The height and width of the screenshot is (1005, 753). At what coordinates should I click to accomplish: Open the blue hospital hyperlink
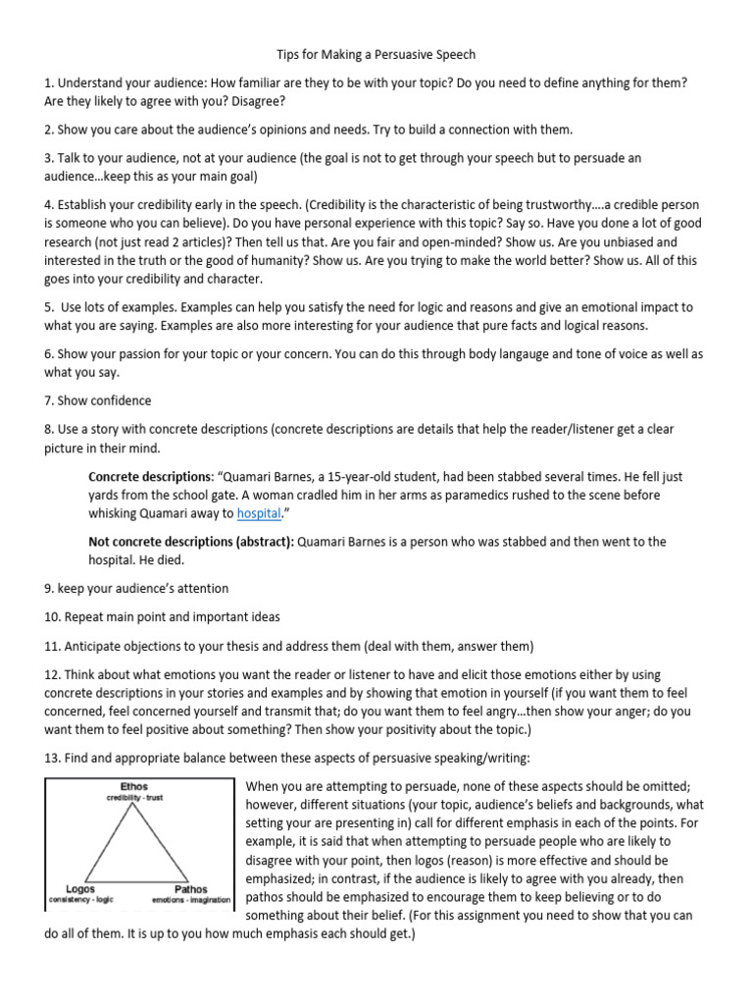pos(259,512)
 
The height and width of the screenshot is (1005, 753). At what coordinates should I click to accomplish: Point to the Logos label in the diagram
pos(81,888)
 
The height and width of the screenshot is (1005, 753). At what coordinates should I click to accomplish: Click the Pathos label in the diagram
pos(190,888)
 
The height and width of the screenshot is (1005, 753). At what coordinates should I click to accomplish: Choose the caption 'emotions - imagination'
pos(191,899)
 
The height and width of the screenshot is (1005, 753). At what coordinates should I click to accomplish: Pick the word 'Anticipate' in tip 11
pos(96,646)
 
